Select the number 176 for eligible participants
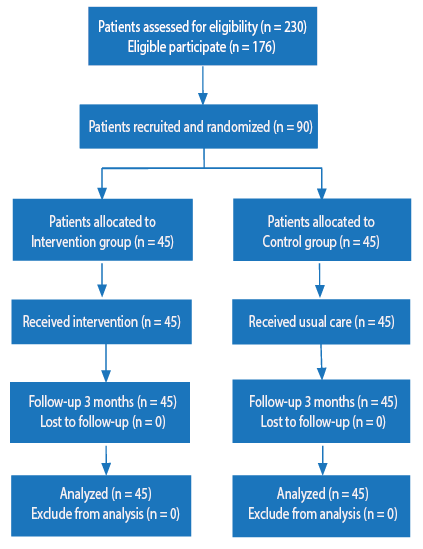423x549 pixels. click(262, 47)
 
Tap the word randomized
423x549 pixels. click(238, 127)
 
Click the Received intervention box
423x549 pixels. click(102, 322)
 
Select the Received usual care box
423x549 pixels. click(321, 322)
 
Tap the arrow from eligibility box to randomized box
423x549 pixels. click(203, 85)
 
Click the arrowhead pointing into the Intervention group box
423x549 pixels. click(102, 194)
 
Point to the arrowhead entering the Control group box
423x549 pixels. click(321, 194)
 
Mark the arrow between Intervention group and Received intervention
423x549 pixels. click(102, 280)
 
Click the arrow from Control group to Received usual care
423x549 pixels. click(319, 280)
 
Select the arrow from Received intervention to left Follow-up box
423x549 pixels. click(106, 363)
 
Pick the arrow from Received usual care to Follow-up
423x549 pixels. click(321, 362)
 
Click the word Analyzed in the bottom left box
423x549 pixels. click(84, 494)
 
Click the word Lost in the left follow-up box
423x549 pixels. click(51, 422)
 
